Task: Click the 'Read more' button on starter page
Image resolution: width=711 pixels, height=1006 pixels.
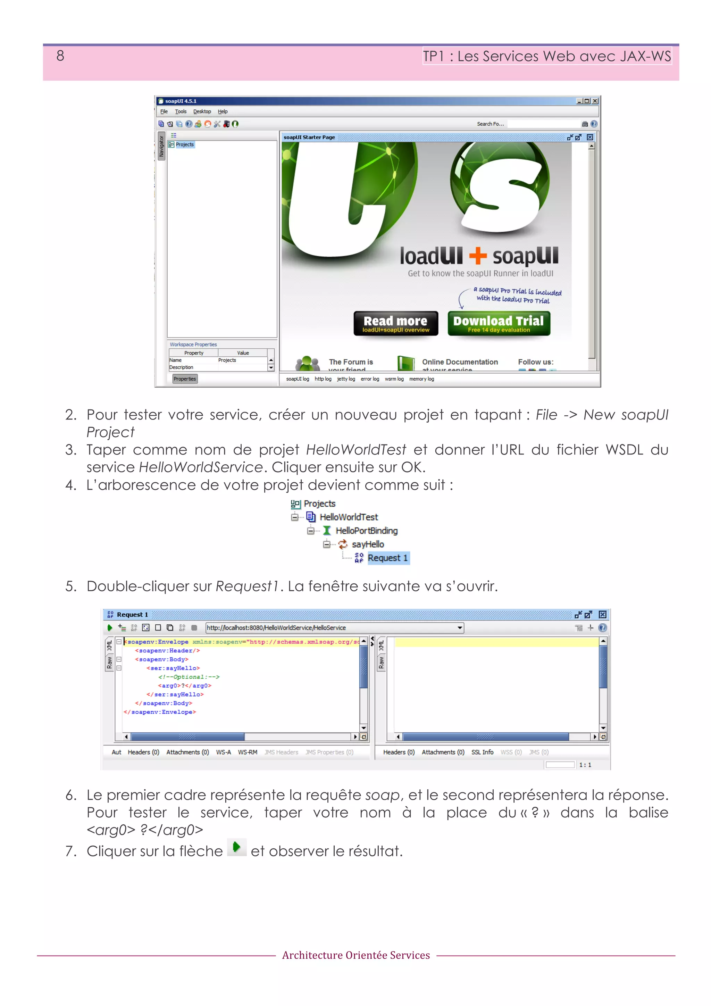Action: coord(395,323)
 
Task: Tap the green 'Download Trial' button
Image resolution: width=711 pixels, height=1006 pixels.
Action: coord(498,323)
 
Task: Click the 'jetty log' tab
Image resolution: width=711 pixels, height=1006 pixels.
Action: coord(346,379)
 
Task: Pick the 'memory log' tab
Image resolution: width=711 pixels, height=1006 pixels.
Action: coord(421,379)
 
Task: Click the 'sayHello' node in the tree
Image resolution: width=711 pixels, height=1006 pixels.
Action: coord(368,544)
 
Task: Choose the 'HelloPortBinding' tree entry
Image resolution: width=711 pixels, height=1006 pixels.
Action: coord(366,531)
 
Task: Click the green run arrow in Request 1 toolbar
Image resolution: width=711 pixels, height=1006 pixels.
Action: coord(109,628)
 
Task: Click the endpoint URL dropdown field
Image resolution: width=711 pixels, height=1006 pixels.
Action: coord(333,628)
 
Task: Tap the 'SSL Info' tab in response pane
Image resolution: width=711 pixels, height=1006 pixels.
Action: coord(482,752)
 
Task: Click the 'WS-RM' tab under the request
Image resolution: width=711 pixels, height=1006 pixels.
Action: coord(247,752)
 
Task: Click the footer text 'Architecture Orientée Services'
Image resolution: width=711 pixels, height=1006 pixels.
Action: coord(356,955)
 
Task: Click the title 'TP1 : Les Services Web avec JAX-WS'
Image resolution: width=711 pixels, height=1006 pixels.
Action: coord(546,56)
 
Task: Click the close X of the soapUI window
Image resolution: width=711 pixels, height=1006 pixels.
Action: coord(595,101)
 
